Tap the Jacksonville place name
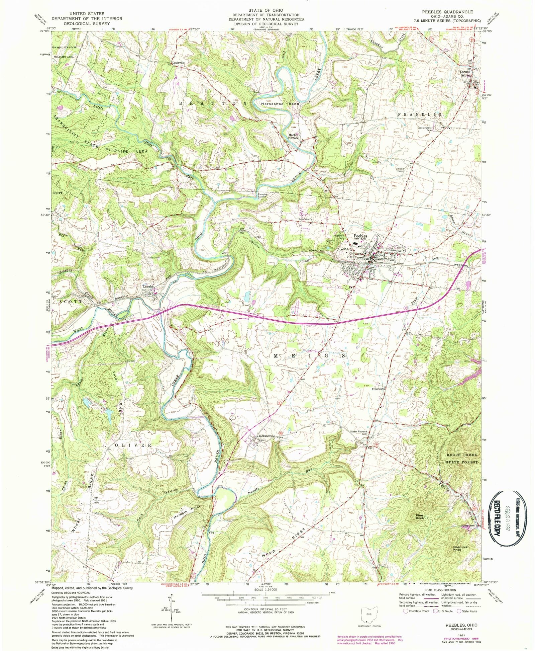click(x=266, y=436)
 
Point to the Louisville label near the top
click(x=178, y=63)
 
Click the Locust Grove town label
click(x=464, y=73)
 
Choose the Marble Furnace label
click(x=293, y=136)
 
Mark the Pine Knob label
click(x=420, y=516)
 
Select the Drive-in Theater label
click(x=400, y=170)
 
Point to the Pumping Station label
click(x=262, y=195)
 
